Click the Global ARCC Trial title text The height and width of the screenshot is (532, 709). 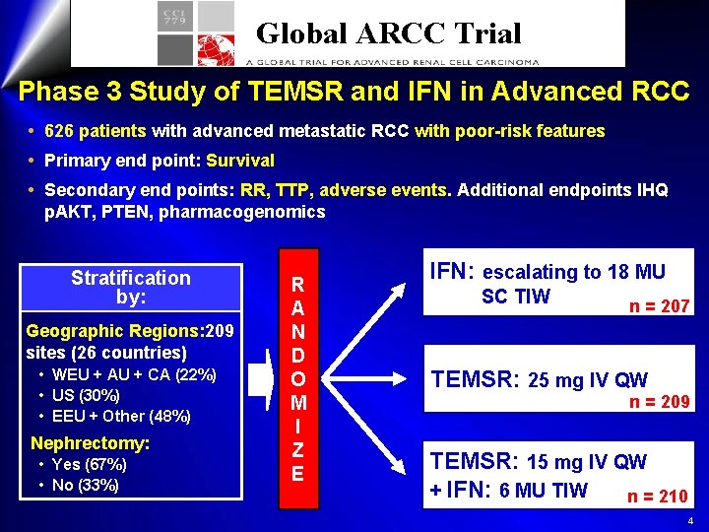[388, 33]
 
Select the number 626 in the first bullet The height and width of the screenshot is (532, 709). [58, 131]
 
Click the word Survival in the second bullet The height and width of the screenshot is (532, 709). [240, 161]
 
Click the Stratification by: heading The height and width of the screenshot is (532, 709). [131, 287]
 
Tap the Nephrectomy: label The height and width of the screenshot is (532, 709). [90, 443]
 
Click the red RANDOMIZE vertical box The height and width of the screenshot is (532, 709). [297, 377]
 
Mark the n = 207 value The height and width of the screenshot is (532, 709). [660, 306]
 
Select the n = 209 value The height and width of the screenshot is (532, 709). [660, 401]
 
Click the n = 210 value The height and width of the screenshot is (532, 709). [658, 496]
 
